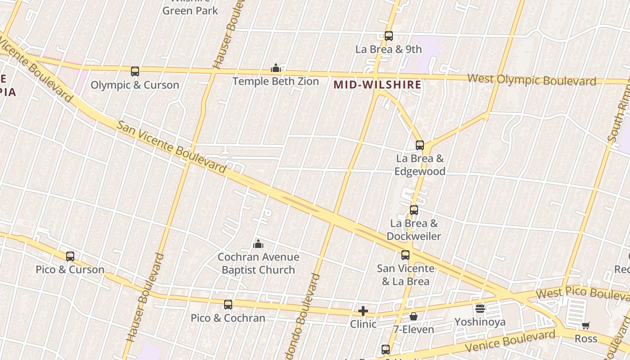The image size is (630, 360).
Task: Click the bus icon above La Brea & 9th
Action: click(x=389, y=36)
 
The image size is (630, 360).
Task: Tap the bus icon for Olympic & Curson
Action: click(x=135, y=71)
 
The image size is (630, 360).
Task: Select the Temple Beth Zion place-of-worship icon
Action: click(x=276, y=68)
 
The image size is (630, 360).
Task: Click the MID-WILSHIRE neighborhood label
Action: click(x=378, y=85)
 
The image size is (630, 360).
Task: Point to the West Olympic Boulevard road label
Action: click(x=532, y=80)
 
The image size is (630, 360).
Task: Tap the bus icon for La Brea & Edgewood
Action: click(x=420, y=145)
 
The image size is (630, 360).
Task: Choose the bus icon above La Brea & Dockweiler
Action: click(x=414, y=210)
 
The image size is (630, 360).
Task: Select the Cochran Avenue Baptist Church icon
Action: click(x=258, y=244)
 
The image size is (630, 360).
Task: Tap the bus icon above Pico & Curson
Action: click(x=70, y=256)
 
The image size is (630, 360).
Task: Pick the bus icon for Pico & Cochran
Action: click(x=228, y=305)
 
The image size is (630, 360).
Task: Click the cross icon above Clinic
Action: click(x=363, y=311)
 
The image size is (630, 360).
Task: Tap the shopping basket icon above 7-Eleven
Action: click(x=414, y=316)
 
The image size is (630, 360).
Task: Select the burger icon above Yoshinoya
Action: click(x=480, y=309)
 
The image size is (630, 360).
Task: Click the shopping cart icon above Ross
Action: click(x=586, y=325)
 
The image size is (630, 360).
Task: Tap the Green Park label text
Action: click(x=190, y=10)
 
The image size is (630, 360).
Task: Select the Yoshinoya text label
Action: click(x=480, y=322)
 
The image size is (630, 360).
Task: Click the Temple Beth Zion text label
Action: click(x=276, y=81)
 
